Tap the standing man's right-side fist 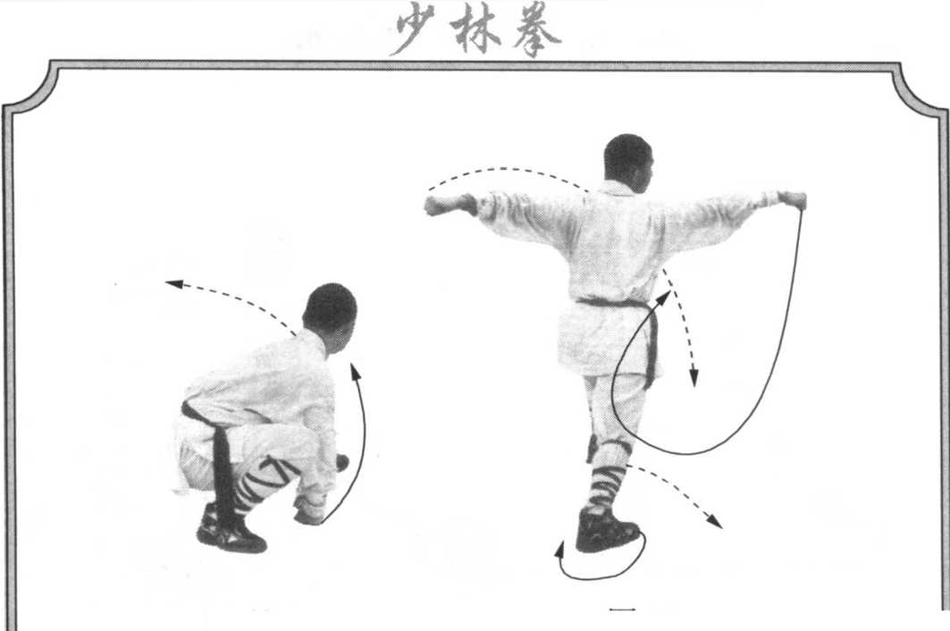click(x=793, y=200)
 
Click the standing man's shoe click(x=607, y=531)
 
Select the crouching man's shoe click(x=230, y=529)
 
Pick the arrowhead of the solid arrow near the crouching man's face click(x=355, y=371)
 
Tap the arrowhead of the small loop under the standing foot click(x=559, y=549)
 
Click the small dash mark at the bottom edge click(x=622, y=609)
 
